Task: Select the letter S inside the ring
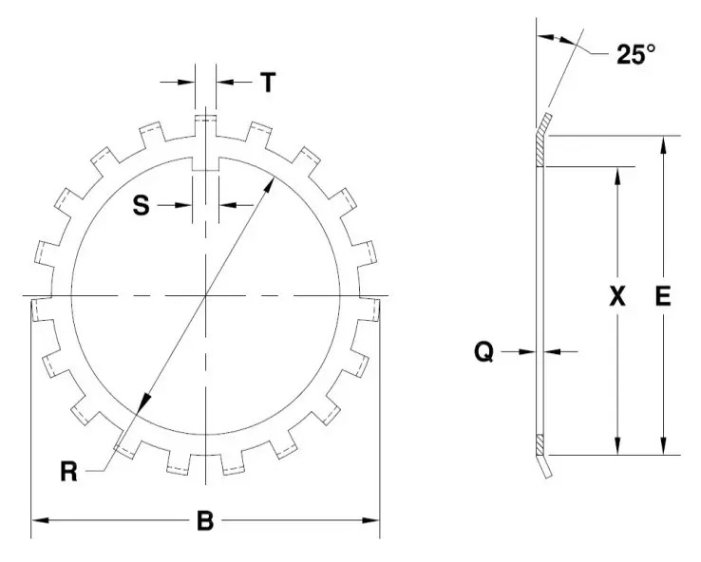point(141,205)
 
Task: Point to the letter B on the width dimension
point(204,520)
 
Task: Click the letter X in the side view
point(617,297)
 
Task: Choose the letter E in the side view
point(663,297)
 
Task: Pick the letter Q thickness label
point(483,352)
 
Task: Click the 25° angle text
point(635,55)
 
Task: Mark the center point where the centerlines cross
point(205,297)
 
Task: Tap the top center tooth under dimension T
point(205,124)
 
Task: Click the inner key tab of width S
point(205,163)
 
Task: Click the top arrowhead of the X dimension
point(617,174)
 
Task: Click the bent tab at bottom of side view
point(545,466)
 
